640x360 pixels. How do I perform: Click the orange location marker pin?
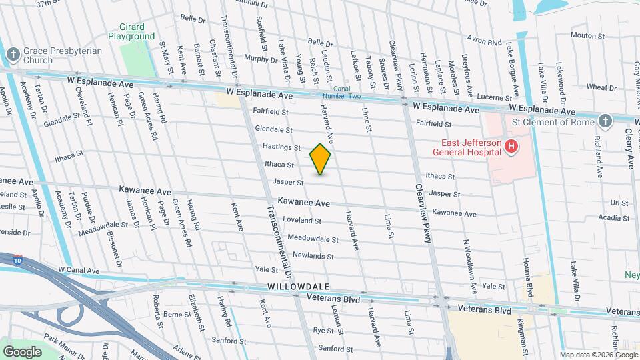point(321,159)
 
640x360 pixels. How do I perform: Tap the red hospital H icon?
point(511,146)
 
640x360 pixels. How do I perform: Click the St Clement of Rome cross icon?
point(605,121)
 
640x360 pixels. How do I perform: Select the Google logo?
point(22,351)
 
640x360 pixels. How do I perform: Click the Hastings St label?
point(283,147)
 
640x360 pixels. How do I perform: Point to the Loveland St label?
point(302,220)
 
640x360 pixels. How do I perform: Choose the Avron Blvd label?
point(484,40)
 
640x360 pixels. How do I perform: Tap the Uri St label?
point(619,203)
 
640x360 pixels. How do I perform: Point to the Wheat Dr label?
point(601,87)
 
